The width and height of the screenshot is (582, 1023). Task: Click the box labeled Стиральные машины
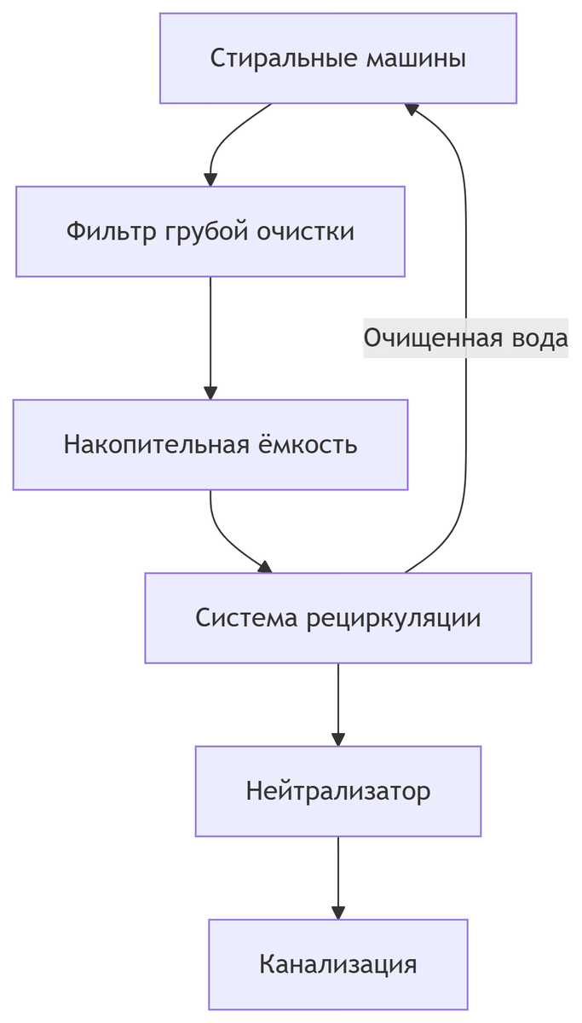point(338,58)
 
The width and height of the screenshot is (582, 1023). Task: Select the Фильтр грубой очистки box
point(210,231)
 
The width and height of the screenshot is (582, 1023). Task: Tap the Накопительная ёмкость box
point(210,444)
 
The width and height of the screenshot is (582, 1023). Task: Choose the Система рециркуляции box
point(338,617)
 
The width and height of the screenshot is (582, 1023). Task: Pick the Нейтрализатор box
point(338,791)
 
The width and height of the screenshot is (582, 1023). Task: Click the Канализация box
point(338,964)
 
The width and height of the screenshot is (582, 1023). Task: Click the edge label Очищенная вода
point(465,338)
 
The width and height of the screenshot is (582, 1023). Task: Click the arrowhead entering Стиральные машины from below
point(412,109)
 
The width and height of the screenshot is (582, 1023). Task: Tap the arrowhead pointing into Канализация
point(338,912)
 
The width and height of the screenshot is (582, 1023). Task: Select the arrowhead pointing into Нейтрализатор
point(338,739)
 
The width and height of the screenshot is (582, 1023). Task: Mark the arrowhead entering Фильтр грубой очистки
point(210,179)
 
